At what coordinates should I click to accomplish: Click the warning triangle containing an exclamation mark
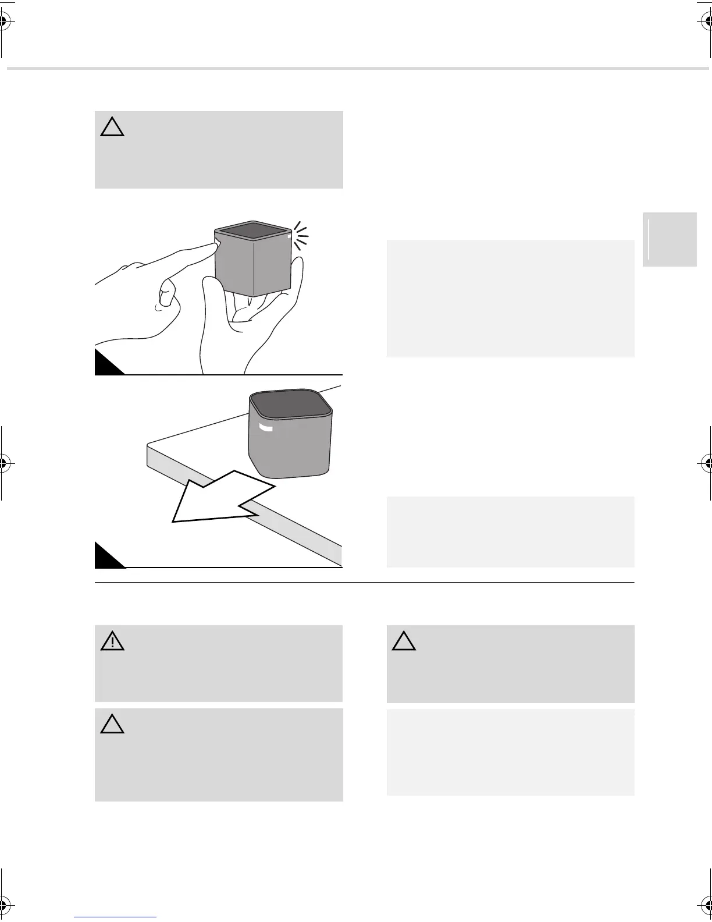pos(112,641)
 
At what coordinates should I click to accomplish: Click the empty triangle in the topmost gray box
pos(112,127)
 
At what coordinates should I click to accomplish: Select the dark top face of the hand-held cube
pos(252,229)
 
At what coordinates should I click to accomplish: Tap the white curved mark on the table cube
pos(266,428)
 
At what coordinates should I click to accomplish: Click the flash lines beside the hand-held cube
pos(300,236)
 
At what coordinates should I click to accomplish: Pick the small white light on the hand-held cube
pos(289,236)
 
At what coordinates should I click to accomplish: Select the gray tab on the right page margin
pos(670,239)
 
